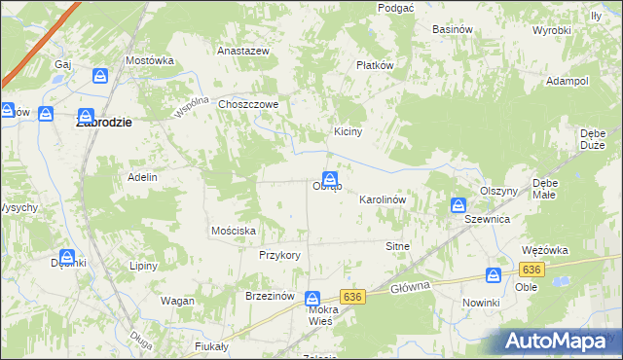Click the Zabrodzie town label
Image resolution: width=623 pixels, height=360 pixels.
pos(104,125)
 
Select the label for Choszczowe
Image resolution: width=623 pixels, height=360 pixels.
pos(249,104)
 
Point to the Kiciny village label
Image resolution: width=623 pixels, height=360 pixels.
pos(348,132)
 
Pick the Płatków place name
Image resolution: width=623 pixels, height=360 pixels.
pos(374,66)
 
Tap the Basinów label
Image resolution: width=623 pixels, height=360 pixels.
pos(453,29)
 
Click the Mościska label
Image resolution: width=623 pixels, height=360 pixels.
pos(234,231)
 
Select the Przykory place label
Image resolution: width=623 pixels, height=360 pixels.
pos(279,255)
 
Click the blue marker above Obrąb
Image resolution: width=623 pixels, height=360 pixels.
pos(330,166)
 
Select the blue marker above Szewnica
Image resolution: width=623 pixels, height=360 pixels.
pos(458,205)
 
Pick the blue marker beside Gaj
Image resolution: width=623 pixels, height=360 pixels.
pos(100,76)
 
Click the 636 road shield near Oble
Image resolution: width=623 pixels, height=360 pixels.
pos(531,269)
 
